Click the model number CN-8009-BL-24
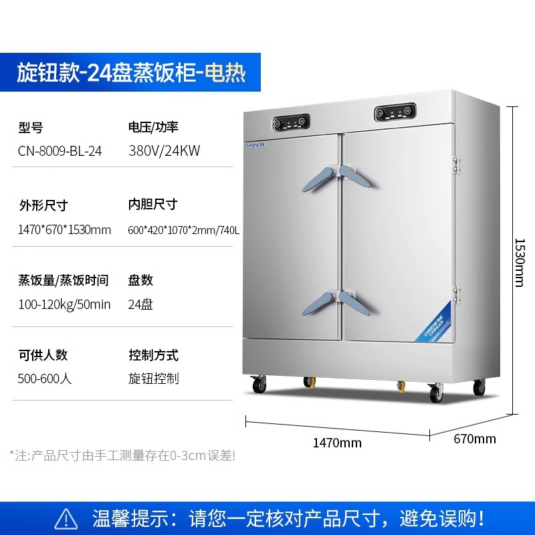point(60,151)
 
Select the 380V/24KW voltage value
point(164,151)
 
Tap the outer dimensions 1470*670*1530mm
point(64,230)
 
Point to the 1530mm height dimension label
point(518,262)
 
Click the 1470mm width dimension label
point(337,443)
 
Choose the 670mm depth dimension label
point(475,439)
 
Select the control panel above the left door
point(291,122)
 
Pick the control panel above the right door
point(395,113)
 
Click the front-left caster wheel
point(258,386)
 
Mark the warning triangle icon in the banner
point(66,518)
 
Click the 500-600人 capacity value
point(45,379)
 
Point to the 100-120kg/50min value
point(64,304)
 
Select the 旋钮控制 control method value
point(153,379)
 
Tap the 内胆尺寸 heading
point(152,205)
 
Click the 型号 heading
point(31,127)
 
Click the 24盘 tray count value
point(140,304)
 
